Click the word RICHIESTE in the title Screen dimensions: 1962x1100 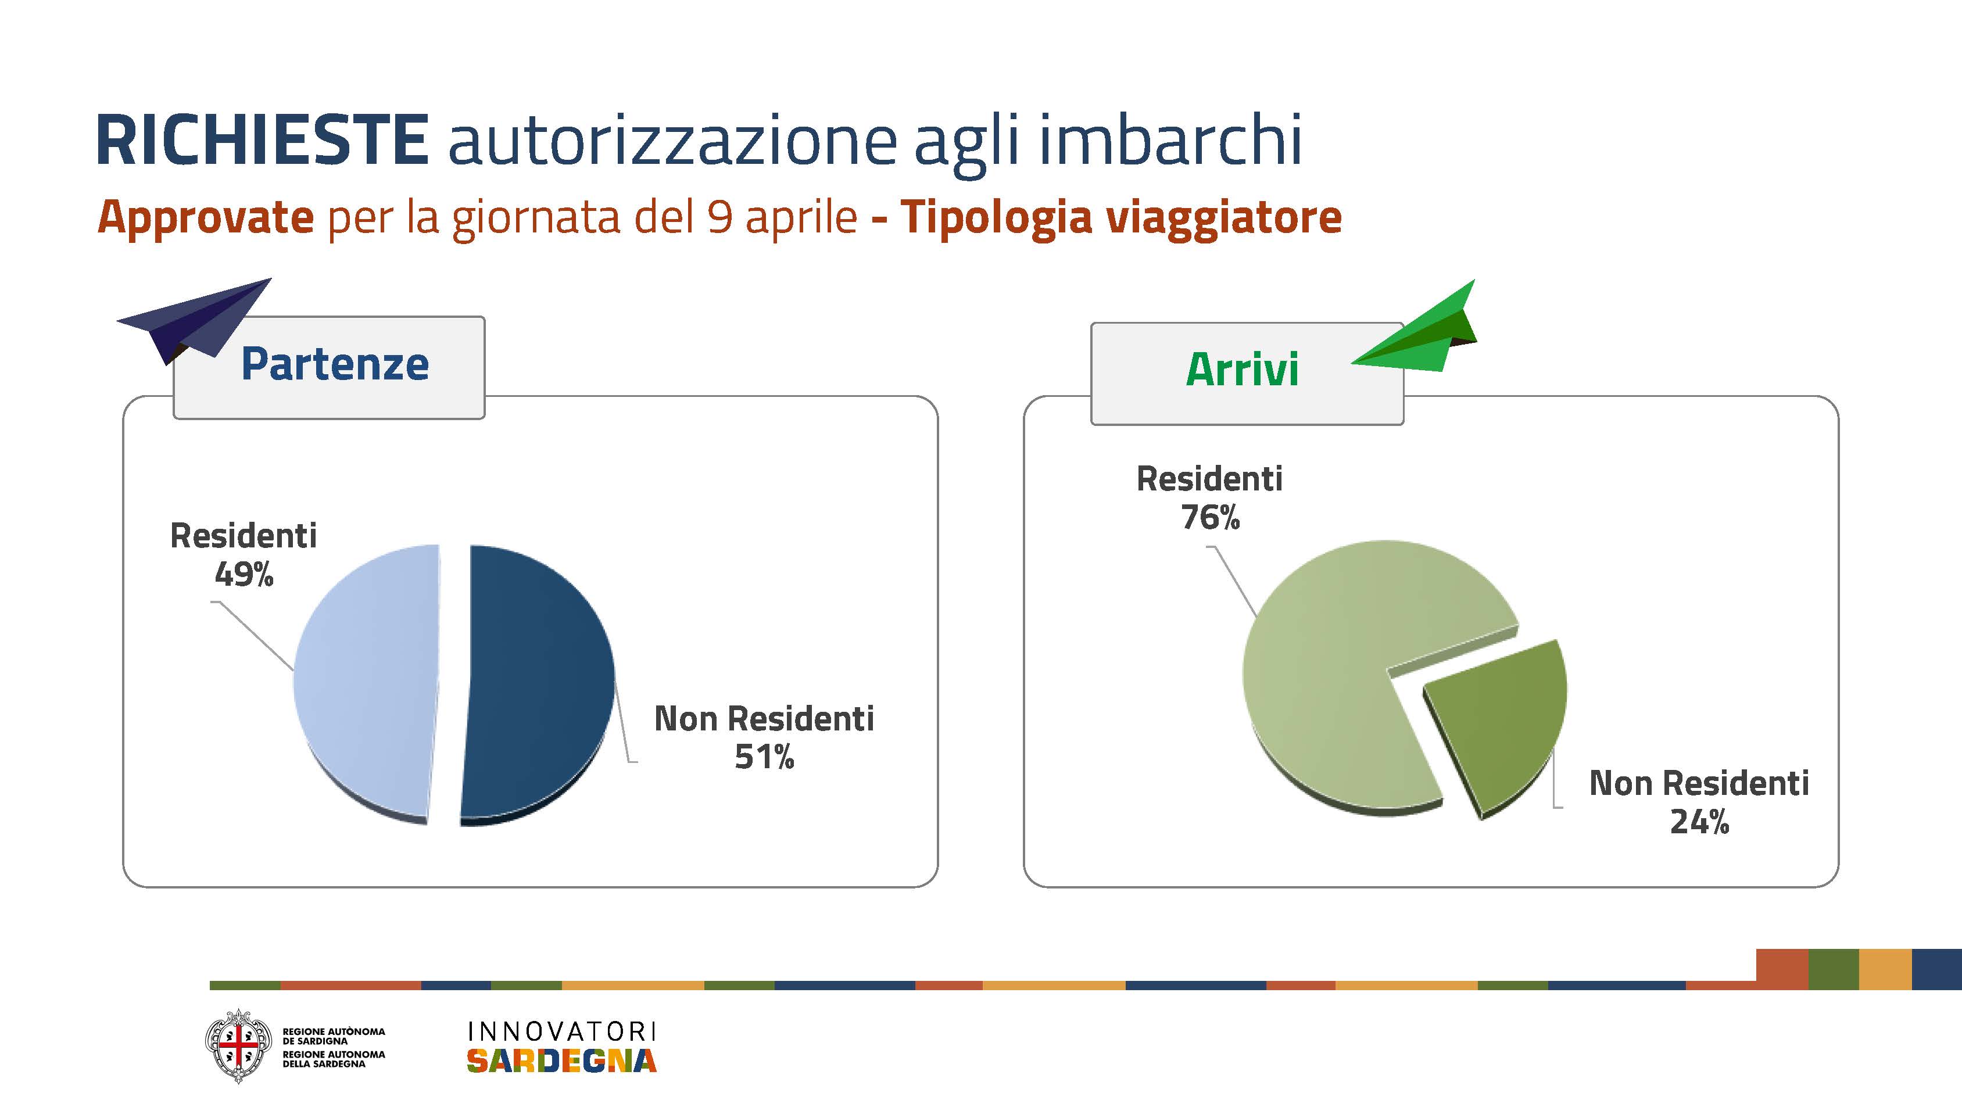[x=263, y=139]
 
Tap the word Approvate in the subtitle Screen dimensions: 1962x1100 [x=206, y=217]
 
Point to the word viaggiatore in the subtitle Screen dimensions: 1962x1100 [x=1223, y=218]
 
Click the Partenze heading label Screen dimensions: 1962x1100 [x=335, y=364]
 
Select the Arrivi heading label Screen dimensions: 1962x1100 [x=1243, y=370]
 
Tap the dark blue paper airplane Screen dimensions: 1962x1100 [x=194, y=320]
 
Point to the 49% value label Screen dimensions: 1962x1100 [x=244, y=574]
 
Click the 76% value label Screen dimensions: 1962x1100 [x=1210, y=518]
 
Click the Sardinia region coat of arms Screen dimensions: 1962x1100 [x=238, y=1046]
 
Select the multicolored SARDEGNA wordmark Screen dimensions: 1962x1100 [x=561, y=1060]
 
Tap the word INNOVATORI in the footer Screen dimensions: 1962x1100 [x=561, y=1031]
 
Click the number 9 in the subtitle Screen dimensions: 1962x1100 [x=719, y=217]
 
